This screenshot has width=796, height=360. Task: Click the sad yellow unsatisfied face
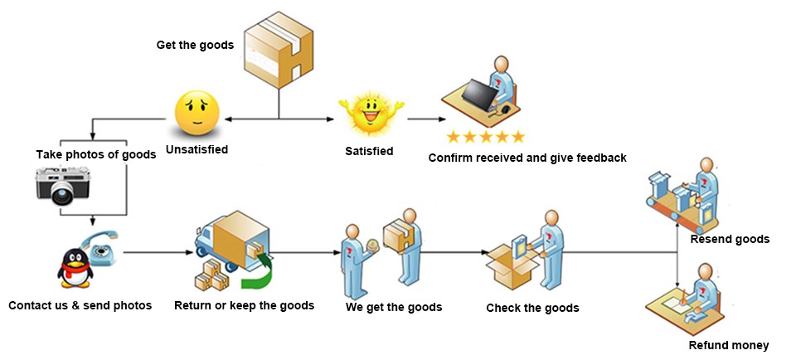(x=197, y=114)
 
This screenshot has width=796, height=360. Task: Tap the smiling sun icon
(x=371, y=113)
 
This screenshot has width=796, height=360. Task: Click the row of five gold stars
(x=485, y=136)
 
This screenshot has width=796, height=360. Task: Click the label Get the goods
(x=195, y=44)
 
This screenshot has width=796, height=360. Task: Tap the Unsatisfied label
(x=197, y=150)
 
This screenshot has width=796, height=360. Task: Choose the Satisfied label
(x=369, y=151)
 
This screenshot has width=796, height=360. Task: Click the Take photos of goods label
(x=96, y=154)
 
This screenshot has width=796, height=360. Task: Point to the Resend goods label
(x=730, y=239)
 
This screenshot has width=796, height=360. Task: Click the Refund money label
(x=729, y=345)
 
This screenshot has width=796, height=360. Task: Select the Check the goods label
(x=532, y=308)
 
